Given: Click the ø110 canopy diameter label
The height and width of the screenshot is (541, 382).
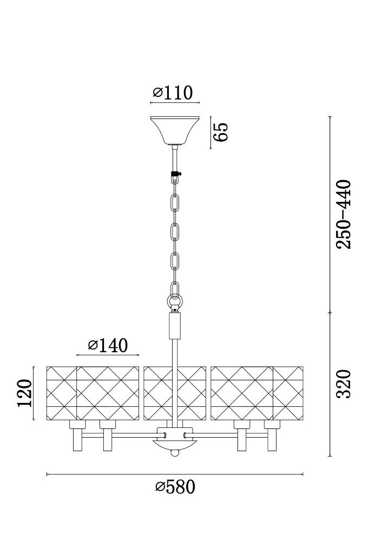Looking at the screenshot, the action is point(173,93).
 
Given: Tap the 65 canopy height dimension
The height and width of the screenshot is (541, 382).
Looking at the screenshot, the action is point(221,131).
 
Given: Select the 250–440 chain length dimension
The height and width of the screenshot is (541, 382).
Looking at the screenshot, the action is point(344,214).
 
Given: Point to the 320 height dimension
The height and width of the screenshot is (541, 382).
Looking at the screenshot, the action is point(344,384).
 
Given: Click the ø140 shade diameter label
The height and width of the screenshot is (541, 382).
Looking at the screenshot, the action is point(108,345).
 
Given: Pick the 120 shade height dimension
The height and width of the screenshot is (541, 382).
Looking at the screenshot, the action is point(25,393).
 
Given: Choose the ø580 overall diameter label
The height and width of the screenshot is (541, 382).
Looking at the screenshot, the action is point(175,486).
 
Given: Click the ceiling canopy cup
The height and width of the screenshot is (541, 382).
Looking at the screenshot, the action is point(175,131).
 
